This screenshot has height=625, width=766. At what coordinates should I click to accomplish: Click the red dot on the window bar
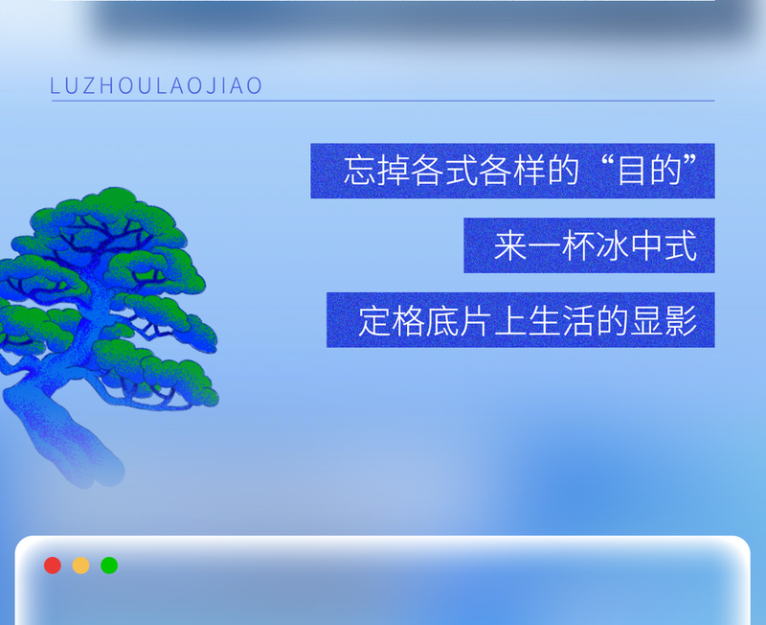pos(53,566)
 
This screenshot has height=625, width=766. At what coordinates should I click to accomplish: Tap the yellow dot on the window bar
pos(81,566)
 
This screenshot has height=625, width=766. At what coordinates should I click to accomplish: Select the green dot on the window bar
pos(109,566)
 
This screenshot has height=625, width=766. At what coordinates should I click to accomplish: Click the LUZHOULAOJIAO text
pos(156,86)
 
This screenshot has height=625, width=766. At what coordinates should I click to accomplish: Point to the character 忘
pos(360,172)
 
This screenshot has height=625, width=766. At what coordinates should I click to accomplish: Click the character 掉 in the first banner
pos(394,172)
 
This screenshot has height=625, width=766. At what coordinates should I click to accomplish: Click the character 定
pos(375,321)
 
